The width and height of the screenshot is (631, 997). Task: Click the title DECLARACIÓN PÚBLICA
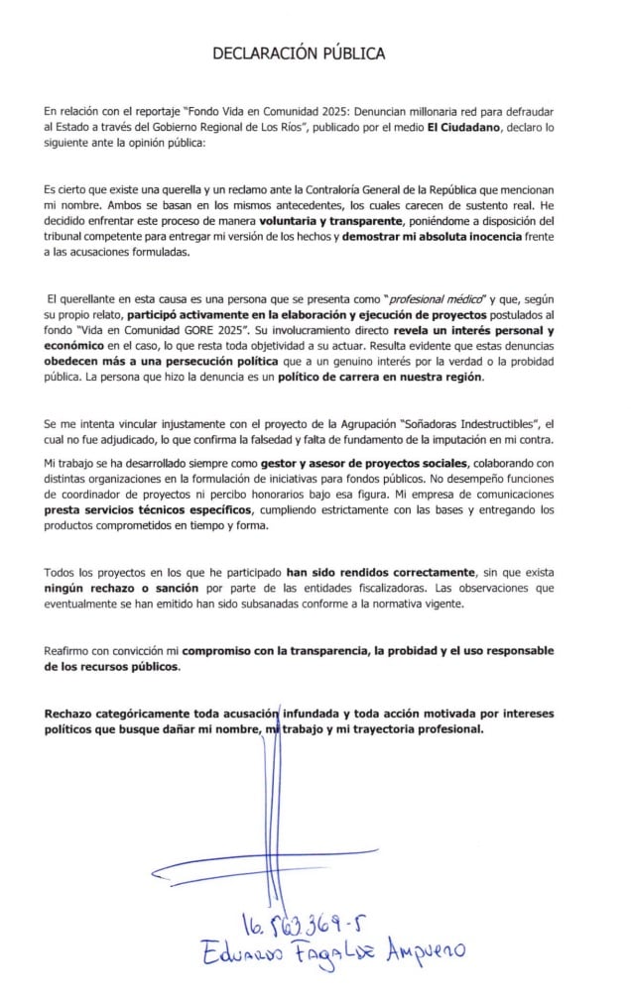[x=299, y=54]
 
